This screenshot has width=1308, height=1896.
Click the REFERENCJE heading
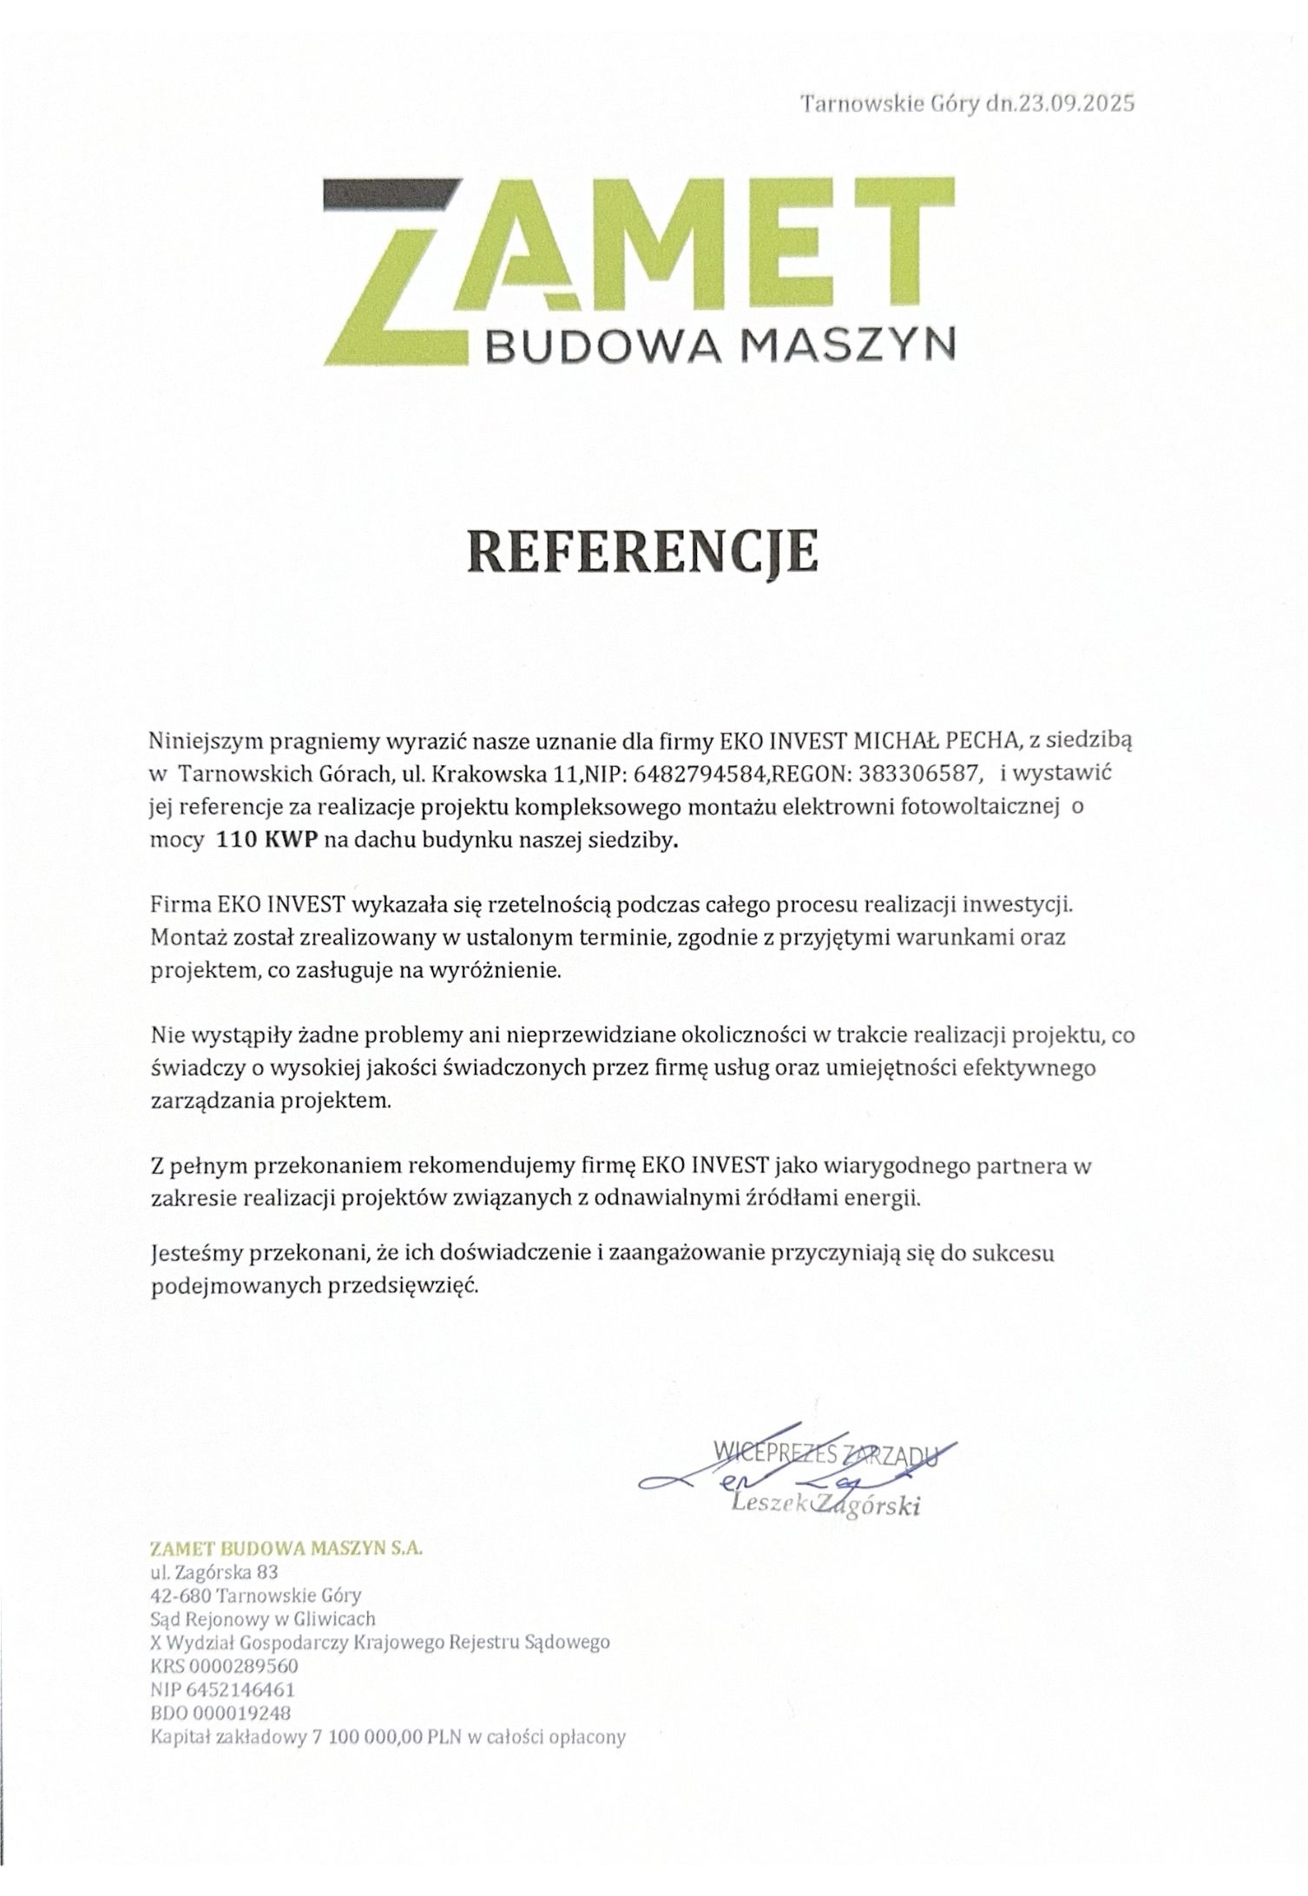pyautogui.click(x=642, y=552)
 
